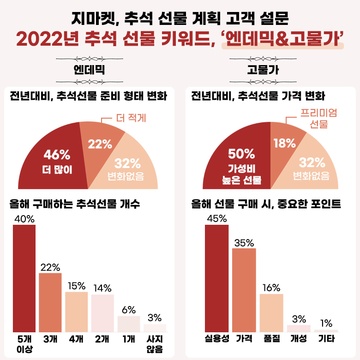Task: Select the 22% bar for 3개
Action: point(50,302)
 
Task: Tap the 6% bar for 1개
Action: point(129,324)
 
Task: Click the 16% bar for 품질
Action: point(271,312)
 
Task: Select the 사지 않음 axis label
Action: point(155,344)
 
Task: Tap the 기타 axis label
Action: point(326,339)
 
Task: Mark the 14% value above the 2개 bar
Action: point(102,288)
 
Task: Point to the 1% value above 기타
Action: point(326,323)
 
